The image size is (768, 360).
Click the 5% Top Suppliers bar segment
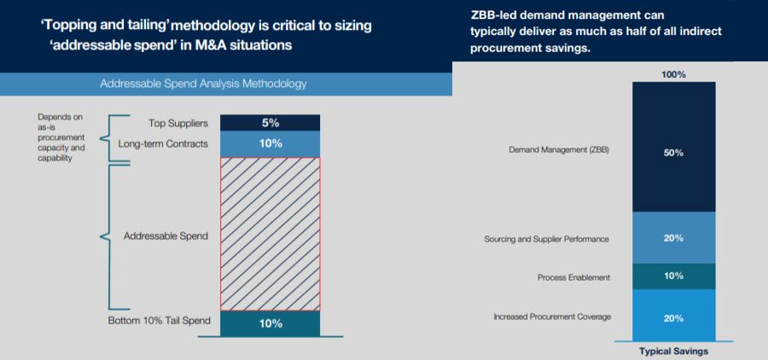click(271, 123)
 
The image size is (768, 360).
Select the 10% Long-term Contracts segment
click(271, 143)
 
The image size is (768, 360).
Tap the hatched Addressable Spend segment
click(271, 234)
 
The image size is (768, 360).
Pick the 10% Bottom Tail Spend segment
click(271, 323)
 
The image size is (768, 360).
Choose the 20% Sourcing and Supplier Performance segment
click(673, 238)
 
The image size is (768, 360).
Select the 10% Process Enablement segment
click(673, 276)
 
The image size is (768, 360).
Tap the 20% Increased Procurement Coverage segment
click(673, 316)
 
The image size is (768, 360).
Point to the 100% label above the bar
click(673, 75)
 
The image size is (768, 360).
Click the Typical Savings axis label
click(673, 351)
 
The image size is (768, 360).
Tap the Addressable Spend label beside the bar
click(166, 235)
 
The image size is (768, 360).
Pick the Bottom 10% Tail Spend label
click(158, 320)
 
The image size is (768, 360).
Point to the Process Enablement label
click(573, 277)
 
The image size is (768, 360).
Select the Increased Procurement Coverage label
click(551, 317)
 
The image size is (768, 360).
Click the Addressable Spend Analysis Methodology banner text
click(203, 84)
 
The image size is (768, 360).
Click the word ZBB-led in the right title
click(497, 15)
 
